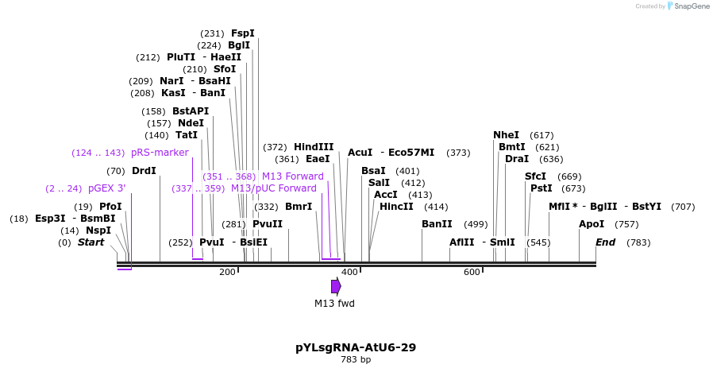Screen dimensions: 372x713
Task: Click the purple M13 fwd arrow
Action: (336, 286)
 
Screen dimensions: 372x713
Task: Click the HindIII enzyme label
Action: (314, 147)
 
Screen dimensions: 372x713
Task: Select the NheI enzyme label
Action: (506, 135)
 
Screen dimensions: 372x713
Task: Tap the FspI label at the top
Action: (242, 33)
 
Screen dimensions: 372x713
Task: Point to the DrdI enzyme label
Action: (144, 171)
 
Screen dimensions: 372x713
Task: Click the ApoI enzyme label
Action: (592, 224)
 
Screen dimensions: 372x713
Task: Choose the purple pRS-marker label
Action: (160, 153)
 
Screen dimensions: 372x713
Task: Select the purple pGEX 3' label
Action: (106, 188)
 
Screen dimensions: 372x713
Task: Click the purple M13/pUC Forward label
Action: (273, 188)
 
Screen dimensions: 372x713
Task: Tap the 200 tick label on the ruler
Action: (227, 273)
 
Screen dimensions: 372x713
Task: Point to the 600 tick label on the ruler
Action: (472, 273)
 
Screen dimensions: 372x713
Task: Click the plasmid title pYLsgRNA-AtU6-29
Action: (356, 347)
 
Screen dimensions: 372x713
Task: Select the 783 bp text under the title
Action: (356, 360)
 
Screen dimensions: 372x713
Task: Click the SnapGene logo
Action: (688, 6)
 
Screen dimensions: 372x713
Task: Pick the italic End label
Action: (606, 242)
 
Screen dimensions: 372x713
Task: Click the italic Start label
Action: (91, 242)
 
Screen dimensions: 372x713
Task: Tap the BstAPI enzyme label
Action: (191, 111)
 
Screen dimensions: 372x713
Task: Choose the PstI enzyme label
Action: (541, 188)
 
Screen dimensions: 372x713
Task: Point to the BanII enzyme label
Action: (437, 224)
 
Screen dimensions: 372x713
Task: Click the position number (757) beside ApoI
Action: (626, 224)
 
